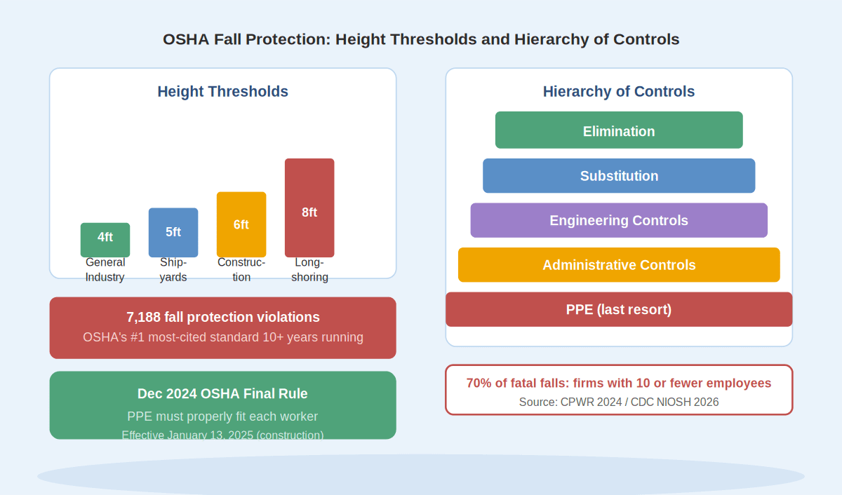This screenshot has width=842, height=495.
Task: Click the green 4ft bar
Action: tap(105, 240)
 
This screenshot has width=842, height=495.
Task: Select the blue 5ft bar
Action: tap(173, 233)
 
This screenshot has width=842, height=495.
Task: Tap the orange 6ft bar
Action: tap(241, 224)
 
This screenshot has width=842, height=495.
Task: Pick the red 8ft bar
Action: tap(309, 208)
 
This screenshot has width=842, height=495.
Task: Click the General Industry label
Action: tap(105, 270)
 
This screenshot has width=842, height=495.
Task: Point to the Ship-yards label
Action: tap(173, 270)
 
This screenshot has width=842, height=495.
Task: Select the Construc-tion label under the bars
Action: tap(241, 270)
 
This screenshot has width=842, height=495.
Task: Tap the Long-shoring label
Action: tap(309, 270)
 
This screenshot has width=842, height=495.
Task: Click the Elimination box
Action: tap(619, 130)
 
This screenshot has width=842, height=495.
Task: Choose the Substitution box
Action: tap(619, 176)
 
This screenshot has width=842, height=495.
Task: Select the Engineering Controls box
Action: tap(619, 220)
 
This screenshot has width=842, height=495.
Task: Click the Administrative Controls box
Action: tap(619, 265)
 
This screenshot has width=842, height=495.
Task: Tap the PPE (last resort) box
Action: tap(619, 309)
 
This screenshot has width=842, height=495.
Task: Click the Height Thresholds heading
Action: tap(223, 92)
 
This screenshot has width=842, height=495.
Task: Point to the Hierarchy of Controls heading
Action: tap(619, 92)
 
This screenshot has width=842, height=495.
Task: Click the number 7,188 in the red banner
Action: tap(143, 318)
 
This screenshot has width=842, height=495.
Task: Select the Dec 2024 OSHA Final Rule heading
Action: tap(222, 393)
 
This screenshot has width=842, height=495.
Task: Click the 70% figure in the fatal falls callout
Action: tap(479, 383)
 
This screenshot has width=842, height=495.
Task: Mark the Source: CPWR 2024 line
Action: tap(619, 402)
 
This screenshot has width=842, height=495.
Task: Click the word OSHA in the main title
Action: tap(186, 39)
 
